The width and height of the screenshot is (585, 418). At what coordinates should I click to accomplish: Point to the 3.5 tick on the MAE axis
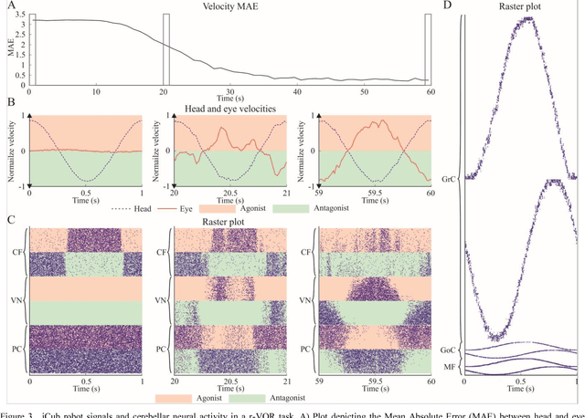(x=20, y=15)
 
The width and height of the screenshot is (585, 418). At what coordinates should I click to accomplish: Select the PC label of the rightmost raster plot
(x=308, y=347)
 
